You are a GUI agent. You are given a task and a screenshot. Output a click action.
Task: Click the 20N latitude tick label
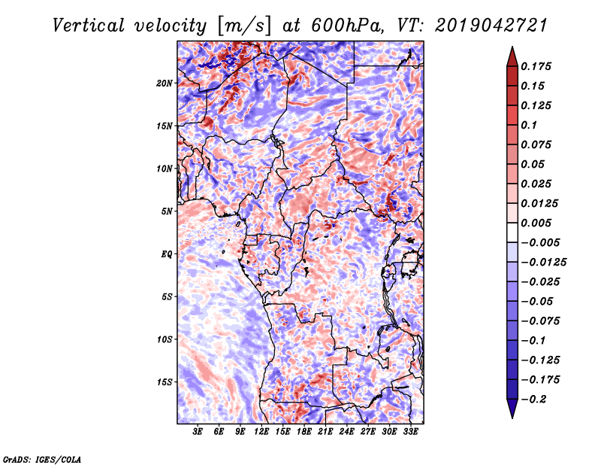pos(165,84)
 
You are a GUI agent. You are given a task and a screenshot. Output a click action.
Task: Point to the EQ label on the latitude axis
pos(167,254)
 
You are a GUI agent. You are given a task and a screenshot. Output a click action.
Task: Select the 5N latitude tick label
pos(167,211)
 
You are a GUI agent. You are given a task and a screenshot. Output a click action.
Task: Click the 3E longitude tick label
pos(198,432)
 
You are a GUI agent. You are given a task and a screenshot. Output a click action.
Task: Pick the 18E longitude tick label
pos(304,432)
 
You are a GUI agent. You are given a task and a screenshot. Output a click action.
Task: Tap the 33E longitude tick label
pos(410,432)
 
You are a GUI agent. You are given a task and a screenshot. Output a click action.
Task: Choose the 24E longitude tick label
pos(346,432)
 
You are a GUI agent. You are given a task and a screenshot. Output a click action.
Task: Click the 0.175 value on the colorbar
pos(536,66)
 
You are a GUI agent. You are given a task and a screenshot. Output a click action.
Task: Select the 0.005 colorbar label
pos(536,223)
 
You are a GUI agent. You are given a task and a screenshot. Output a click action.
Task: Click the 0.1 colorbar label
pos(529,125)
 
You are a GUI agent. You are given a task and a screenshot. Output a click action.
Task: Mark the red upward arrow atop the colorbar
pos(512,56)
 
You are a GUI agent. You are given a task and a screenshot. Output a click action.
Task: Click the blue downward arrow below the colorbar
pos(512,409)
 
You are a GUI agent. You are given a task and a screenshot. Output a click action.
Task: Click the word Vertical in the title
pos(88,26)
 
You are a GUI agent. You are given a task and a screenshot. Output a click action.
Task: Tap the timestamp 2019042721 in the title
pos(491,26)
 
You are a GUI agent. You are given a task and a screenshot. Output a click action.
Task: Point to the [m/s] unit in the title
pos(244,26)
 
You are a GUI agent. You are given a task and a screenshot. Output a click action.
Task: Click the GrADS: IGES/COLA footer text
pos(42,459)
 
